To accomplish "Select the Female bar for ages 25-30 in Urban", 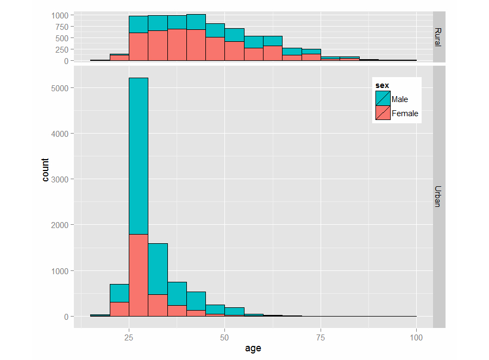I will point(139,275).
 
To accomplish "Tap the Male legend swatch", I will point(383,98).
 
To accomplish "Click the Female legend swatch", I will point(383,113).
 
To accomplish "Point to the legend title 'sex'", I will point(381,85).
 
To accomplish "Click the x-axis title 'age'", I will point(253,348).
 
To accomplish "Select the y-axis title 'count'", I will point(45,169).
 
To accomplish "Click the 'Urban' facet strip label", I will point(438,197).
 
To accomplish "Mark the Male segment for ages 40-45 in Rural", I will point(196,22).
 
